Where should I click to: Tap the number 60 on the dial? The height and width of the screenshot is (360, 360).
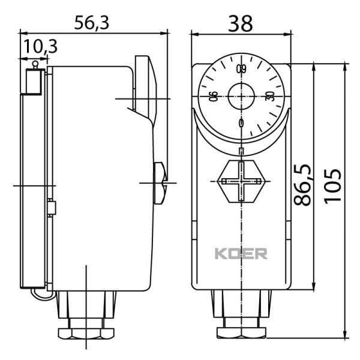241,68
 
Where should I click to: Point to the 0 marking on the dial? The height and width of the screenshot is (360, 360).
241,124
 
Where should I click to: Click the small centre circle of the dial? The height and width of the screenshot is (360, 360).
241,96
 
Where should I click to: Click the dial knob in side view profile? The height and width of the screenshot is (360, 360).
144,90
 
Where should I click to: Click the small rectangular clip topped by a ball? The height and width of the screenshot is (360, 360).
34,80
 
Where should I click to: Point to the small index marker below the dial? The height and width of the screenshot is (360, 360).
241,151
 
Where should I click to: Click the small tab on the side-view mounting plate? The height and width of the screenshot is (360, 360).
53,208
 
